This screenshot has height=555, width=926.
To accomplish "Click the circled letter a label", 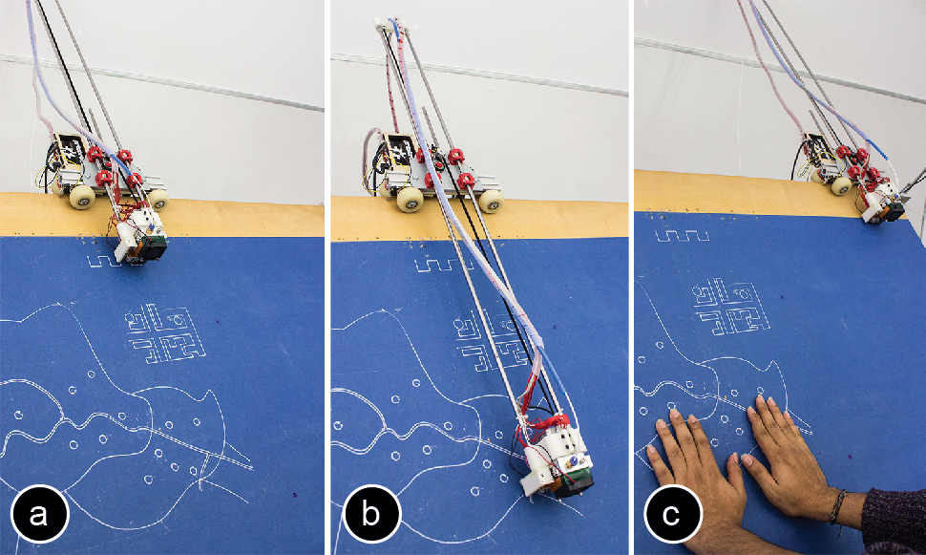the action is (39, 513).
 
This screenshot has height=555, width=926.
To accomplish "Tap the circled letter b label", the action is (370, 513).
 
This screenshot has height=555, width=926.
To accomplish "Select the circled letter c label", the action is (673, 513).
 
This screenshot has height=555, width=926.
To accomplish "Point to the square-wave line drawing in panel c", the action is (683, 236).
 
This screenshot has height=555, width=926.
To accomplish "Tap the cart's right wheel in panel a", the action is (158, 200).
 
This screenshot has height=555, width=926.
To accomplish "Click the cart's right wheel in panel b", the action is (490, 201).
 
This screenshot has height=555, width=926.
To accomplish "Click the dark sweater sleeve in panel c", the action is (892, 519).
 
